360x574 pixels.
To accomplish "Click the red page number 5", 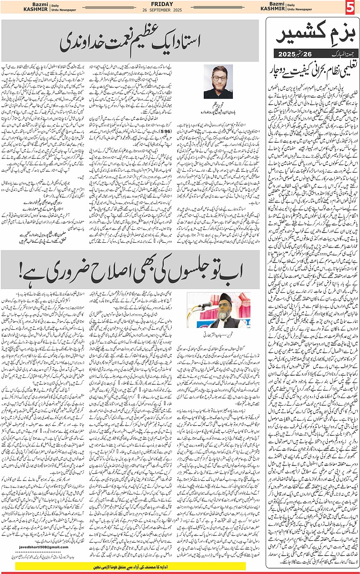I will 351,7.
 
